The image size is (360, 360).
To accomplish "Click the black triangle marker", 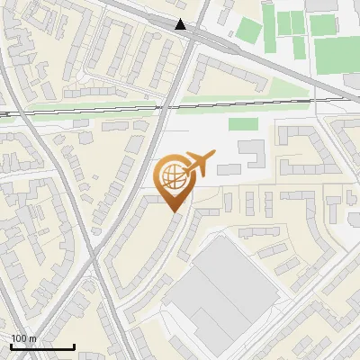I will click(x=182, y=25).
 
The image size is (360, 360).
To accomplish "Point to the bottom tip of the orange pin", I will click(x=174, y=211).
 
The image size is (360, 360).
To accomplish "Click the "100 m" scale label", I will click(x=23, y=339).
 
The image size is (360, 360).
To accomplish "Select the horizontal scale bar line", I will click(x=42, y=347).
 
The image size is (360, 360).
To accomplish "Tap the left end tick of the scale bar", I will click(x=11, y=346).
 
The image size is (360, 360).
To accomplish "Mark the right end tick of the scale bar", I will click(x=74, y=346).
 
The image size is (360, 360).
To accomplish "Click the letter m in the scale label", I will click(x=32, y=339).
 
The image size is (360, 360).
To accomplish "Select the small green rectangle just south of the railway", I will click(x=243, y=124).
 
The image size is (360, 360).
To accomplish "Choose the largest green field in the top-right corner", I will click(x=337, y=54).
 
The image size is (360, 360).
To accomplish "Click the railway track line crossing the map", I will click(x=90, y=112).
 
